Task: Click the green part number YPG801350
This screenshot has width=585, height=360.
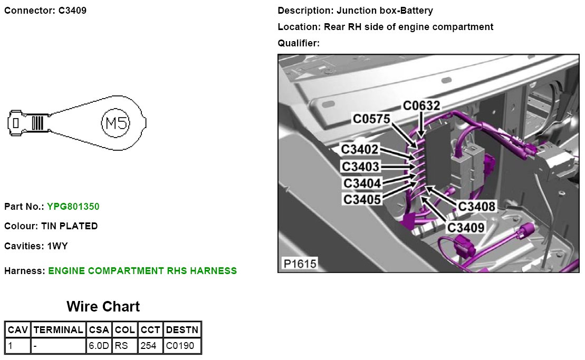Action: pos(73,207)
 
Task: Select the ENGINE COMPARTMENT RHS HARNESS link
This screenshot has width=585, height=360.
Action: pos(142,271)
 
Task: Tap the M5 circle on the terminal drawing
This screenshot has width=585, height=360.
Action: pos(115,123)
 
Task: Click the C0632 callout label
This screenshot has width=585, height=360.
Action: pos(421,106)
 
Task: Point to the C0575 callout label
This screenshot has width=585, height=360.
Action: pos(371,120)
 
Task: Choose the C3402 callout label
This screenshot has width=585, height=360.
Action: pos(360,150)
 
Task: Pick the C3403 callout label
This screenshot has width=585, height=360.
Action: pos(360,167)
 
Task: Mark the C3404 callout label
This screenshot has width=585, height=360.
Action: pos(362,183)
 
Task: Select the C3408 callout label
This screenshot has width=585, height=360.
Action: pos(477,206)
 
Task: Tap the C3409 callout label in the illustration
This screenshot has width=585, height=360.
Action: pos(466,227)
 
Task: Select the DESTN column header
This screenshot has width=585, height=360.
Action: pos(182,330)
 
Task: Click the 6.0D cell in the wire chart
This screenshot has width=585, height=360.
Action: pos(99,346)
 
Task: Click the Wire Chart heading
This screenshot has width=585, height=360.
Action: pos(103,307)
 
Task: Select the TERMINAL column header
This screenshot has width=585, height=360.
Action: pos(58,330)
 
